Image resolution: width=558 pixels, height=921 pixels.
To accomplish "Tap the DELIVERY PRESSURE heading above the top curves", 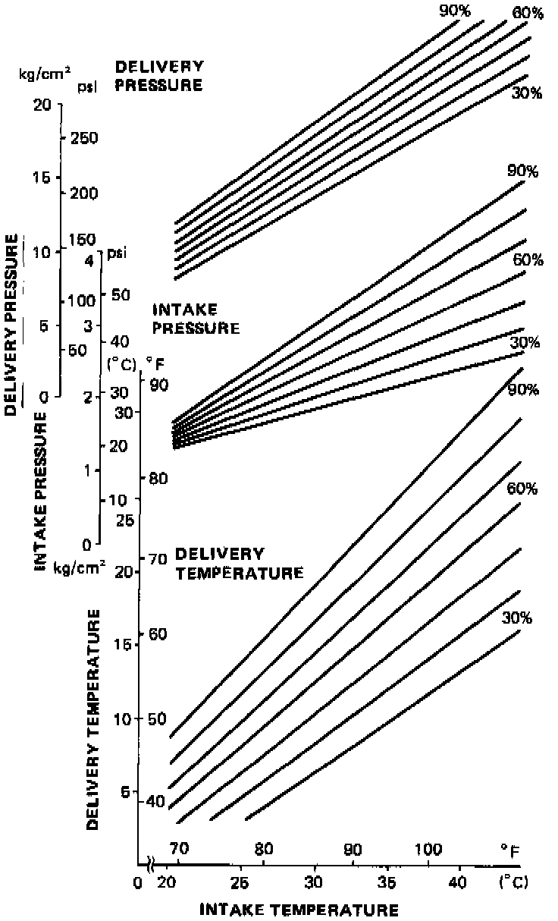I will pos(158,76).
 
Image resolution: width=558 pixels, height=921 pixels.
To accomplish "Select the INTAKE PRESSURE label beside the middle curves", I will pos(196,319).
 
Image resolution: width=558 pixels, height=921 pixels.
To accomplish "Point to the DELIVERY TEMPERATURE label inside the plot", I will pos(239,563).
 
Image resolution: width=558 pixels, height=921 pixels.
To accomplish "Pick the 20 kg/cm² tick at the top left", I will pos(42,105).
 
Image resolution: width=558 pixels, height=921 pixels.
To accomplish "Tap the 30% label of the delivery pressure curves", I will pos(526,93).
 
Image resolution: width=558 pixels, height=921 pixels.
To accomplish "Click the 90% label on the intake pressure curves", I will pos(522,171).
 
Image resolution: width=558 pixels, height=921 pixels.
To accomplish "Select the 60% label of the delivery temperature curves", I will pos(522,488).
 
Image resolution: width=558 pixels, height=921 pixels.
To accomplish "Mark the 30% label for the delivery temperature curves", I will pos(516,618).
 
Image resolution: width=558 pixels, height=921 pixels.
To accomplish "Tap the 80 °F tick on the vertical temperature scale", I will pos(158,479).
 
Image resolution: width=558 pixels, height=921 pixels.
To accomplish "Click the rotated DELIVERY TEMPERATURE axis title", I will pos(93,725).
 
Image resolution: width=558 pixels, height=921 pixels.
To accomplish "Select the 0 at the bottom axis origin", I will pos(136,883).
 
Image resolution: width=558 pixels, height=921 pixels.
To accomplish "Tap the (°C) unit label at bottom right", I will pos(512,883).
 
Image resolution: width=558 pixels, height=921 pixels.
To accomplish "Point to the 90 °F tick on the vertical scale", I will pos(158,385).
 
